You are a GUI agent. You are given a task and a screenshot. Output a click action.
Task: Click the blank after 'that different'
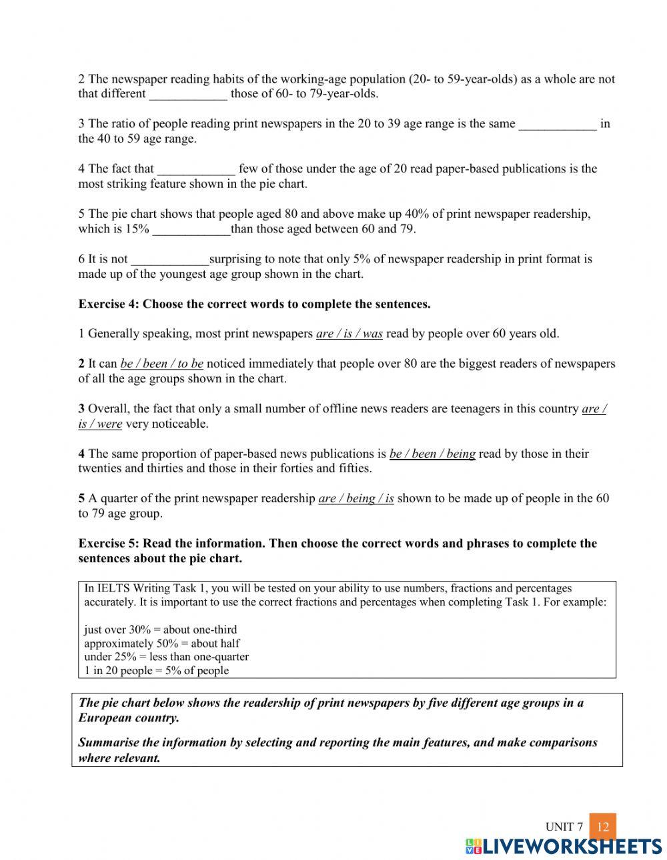coord(188,94)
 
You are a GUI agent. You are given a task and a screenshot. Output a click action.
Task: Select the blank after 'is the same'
coord(558,124)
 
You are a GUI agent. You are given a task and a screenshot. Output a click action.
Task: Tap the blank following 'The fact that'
coord(196,169)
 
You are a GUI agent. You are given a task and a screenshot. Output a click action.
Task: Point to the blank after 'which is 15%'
coord(191,229)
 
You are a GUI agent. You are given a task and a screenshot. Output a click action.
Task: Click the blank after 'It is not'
coord(170,259)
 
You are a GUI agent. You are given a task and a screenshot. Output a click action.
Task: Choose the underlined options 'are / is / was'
coord(349,334)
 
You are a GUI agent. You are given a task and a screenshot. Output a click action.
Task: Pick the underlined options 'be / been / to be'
coord(161,364)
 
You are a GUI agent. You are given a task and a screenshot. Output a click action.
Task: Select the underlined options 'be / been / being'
coord(432,454)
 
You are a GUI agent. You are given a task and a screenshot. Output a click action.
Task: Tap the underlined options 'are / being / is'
coord(356,498)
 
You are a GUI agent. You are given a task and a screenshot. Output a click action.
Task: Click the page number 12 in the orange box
coord(603,827)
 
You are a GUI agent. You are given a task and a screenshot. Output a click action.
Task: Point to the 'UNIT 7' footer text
coord(564,827)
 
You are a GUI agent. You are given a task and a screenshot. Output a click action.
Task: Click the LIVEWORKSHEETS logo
coord(564,846)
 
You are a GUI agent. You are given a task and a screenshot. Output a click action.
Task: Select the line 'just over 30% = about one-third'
coord(160,630)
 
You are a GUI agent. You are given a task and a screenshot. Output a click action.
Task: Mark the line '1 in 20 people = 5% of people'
coord(156,671)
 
